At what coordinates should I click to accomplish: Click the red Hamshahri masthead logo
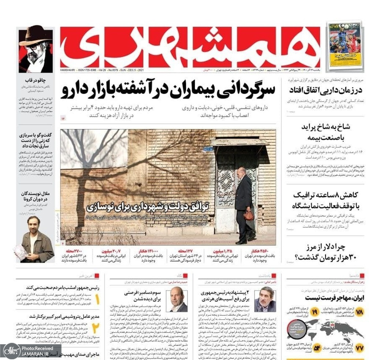click(190, 47)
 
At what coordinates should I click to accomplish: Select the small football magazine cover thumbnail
click(344, 45)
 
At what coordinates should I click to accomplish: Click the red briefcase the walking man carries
click(249, 215)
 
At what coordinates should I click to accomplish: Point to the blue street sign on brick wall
click(208, 149)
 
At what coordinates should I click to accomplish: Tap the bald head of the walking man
click(241, 172)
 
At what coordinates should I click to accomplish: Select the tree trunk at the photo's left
click(78, 205)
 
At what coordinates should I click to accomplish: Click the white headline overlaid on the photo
click(148, 207)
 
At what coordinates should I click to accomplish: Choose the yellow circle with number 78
click(359, 312)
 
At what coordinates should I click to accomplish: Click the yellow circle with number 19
click(315, 312)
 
